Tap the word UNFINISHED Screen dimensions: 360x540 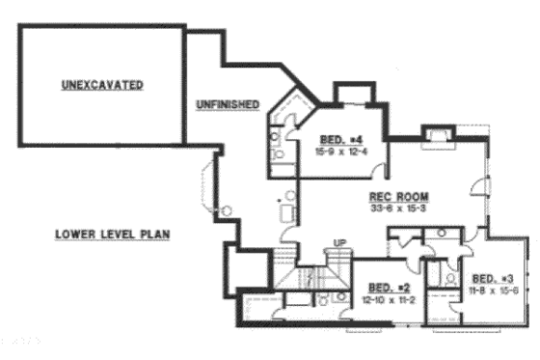223,103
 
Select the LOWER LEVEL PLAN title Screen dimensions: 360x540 108,234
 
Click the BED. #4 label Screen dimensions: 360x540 339,139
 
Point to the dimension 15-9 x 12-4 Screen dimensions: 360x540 339,150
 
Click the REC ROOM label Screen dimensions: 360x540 391,194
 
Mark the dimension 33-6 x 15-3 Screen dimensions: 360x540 391,206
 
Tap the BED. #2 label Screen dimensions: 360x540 389,287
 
